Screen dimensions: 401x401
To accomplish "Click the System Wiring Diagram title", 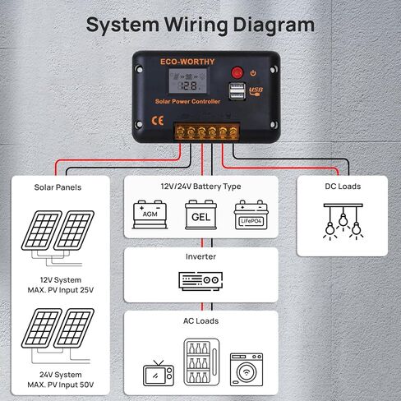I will tap(200, 25).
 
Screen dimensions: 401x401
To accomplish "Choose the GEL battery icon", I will tap(200, 214).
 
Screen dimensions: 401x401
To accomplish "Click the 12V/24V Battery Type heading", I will tap(200, 187).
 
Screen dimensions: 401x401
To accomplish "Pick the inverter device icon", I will tap(200, 281).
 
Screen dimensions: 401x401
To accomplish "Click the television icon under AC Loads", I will tap(155, 373).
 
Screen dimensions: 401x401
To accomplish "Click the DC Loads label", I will tap(342, 187).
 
